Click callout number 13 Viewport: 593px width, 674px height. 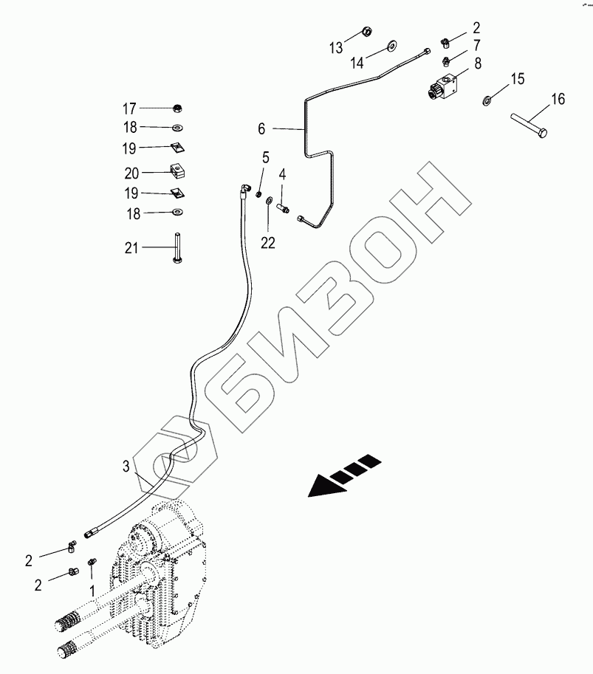[336, 48]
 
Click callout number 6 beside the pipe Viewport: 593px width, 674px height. [261, 128]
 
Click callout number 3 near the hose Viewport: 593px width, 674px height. [126, 466]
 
